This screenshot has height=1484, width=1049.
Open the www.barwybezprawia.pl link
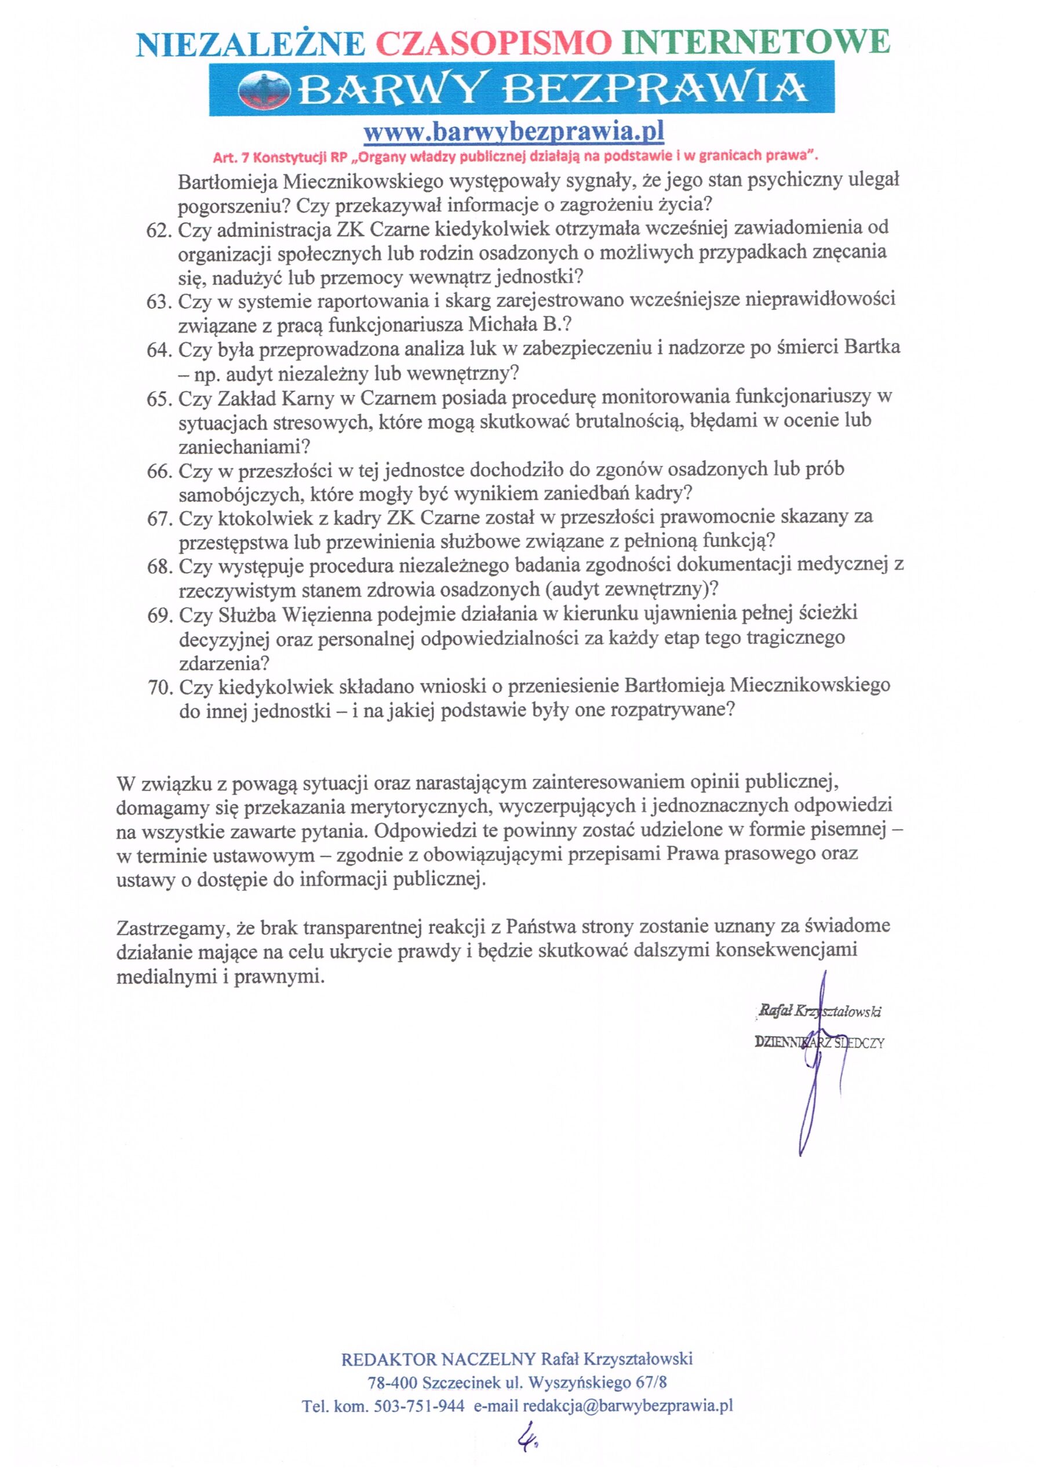coord(514,133)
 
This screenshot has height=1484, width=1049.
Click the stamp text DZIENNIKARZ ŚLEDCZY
coord(819,1042)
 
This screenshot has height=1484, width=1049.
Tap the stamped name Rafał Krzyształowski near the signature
coord(819,1012)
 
